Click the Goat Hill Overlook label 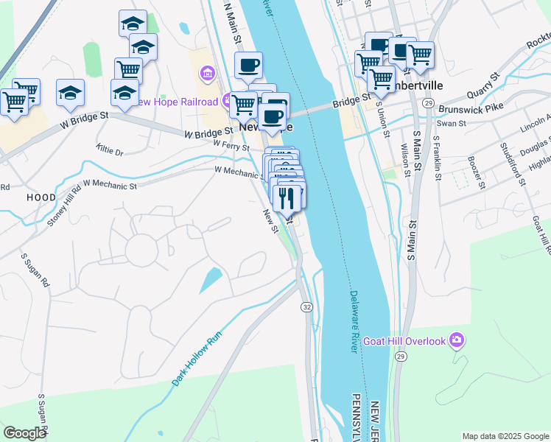(408, 341)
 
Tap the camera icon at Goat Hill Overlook (457, 340)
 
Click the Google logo (24, 433)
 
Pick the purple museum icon (207, 74)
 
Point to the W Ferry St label (232, 145)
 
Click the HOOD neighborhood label (41, 197)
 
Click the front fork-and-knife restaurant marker (285, 199)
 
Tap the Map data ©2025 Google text (505, 436)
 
